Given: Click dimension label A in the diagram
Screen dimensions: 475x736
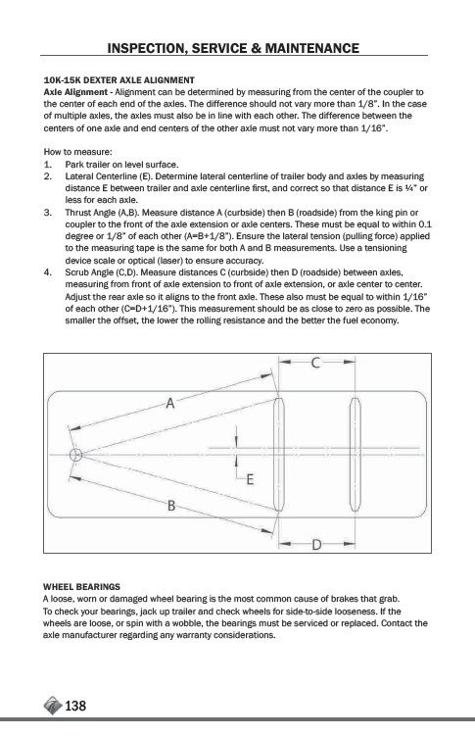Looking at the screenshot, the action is coord(169,403).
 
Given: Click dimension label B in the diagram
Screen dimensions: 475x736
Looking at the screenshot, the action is coord(171,506).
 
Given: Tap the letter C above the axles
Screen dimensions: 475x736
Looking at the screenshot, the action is coord(316,363).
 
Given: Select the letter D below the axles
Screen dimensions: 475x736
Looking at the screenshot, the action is coord(317,545).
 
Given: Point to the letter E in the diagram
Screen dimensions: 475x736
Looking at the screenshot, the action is coord(250,479).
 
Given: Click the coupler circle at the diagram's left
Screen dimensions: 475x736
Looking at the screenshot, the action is coord(75,455).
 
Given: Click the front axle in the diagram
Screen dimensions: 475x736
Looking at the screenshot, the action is coord(278,455).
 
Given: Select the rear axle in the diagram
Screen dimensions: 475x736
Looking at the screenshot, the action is coord(356,455).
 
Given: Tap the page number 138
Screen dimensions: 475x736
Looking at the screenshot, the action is coord(75,706).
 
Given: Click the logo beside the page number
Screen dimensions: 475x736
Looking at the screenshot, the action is coord(53,705).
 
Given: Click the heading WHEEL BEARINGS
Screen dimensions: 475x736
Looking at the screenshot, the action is coord(81,587).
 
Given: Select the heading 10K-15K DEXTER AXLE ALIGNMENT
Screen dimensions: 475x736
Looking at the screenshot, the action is coord(119,80).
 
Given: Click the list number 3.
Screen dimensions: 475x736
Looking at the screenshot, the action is coord(47,213).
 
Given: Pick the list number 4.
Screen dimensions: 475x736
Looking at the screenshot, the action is coord(47,272).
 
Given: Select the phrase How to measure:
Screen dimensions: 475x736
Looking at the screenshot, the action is coord(77,152).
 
